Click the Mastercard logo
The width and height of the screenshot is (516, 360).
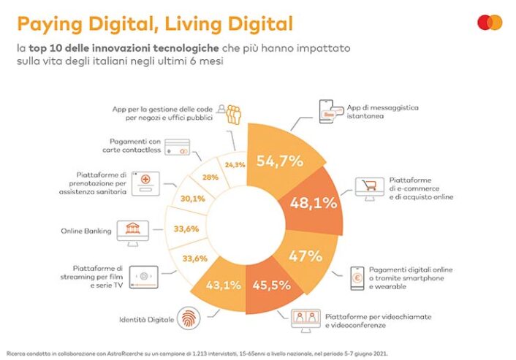point(489,23)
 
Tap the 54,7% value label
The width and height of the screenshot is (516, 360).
point(278,161)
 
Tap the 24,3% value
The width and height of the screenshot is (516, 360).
point(235,165)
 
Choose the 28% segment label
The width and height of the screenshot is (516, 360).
point(210,177)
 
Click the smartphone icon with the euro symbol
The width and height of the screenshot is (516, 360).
point(358,278)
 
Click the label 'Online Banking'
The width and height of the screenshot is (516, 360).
point(86,231)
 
